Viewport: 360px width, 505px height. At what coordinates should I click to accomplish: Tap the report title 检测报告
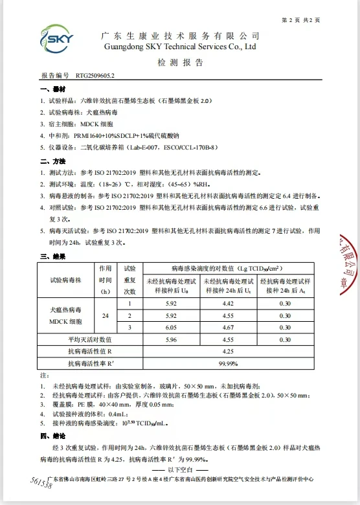pos(180,63)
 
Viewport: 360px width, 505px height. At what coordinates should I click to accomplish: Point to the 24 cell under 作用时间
pos(105,315)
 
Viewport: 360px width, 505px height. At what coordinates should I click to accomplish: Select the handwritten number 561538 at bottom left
pos(41,485)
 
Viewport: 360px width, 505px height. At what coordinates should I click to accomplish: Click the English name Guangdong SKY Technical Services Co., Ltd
pos(180,47)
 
